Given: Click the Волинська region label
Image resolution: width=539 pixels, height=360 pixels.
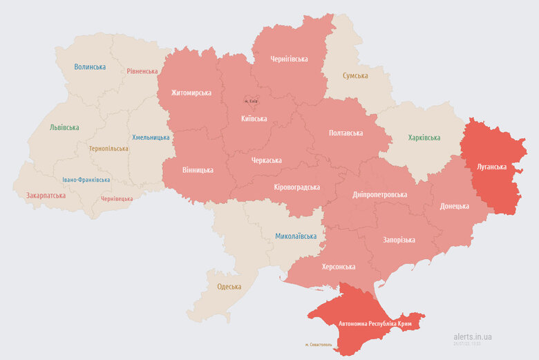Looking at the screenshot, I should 90,67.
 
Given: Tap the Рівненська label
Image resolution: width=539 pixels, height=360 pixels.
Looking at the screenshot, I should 142,70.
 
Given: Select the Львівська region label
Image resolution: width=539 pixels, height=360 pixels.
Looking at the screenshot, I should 64,127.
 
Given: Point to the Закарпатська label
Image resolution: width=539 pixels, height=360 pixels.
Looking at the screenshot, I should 46,196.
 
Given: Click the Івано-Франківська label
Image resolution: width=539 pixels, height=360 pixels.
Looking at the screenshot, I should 86,180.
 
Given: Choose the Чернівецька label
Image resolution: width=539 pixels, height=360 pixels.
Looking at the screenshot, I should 117,198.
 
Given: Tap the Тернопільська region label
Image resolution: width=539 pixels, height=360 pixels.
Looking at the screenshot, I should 108,149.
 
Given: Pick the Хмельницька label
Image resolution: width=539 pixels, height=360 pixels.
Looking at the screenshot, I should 150,138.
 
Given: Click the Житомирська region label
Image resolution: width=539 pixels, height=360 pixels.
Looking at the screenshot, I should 191,93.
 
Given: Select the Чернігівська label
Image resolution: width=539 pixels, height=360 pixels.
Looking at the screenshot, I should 288,59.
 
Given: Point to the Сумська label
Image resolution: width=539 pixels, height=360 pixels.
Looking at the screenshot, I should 355,75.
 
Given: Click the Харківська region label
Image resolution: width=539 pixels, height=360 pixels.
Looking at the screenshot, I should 424,138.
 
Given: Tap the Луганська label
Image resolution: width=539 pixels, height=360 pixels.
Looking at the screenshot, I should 491,167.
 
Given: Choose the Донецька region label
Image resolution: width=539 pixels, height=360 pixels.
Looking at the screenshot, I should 454,206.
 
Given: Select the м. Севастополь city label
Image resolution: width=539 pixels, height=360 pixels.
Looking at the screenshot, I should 319,344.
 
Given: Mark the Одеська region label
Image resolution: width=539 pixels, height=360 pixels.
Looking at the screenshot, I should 229,287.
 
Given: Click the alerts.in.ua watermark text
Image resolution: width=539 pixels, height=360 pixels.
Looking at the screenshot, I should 473,337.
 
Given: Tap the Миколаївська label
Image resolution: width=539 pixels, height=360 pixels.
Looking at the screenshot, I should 296,236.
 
